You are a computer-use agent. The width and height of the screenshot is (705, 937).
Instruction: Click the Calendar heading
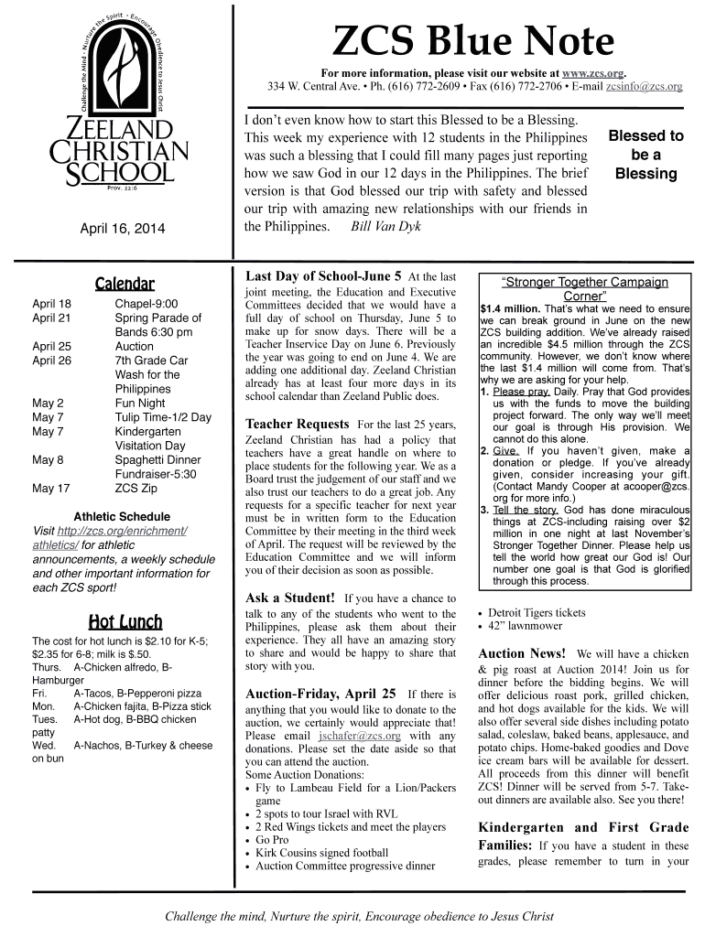[125, 284]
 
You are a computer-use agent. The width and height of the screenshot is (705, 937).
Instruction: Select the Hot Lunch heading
[125, 622]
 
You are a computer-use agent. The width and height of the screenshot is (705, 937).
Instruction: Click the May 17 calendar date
[51, 488]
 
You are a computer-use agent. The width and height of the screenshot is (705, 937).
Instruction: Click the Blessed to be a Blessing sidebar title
[646, 154]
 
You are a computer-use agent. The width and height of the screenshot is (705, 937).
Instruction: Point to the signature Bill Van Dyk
[386, 226]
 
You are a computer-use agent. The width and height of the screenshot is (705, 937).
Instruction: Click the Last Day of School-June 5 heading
[323, 275]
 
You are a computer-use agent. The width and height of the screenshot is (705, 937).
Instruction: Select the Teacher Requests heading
[297, 424]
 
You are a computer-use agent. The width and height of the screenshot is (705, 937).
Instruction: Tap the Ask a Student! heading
[292, 598]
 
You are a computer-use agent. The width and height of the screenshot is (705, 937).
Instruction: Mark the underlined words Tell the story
[526, 509]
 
